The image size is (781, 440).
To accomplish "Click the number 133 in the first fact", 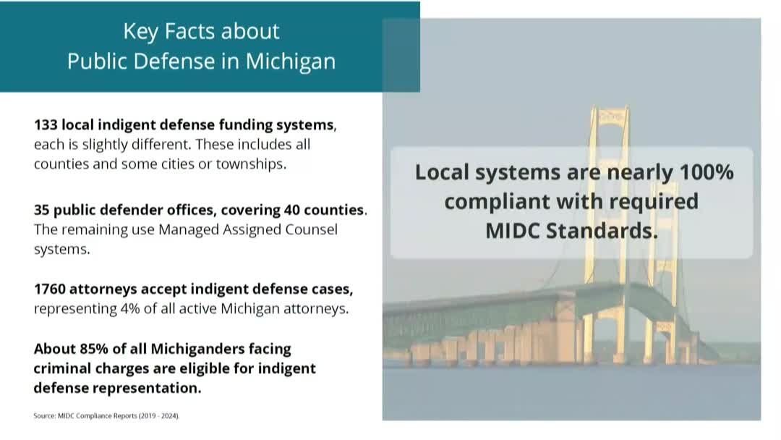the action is [46, 124].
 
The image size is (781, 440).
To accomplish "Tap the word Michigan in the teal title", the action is [291, 62].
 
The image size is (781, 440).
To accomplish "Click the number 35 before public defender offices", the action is [41, 210].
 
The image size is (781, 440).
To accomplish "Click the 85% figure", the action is [93, 349].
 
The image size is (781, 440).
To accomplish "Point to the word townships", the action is [251, 164].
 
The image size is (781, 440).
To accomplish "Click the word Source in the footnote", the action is [44, 415].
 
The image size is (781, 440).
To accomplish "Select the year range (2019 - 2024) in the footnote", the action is [159, 415].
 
